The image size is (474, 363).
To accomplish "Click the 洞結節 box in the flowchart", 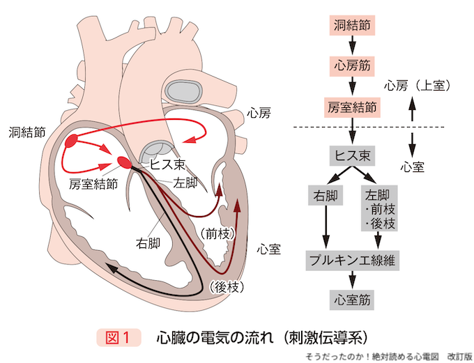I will [353, 26].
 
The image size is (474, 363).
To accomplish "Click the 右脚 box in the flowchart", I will [325, 195].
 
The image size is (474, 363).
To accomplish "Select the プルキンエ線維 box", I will [353, 260].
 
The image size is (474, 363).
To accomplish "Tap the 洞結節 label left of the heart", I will [29, 130].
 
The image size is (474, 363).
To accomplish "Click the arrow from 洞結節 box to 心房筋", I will [353, 46].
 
